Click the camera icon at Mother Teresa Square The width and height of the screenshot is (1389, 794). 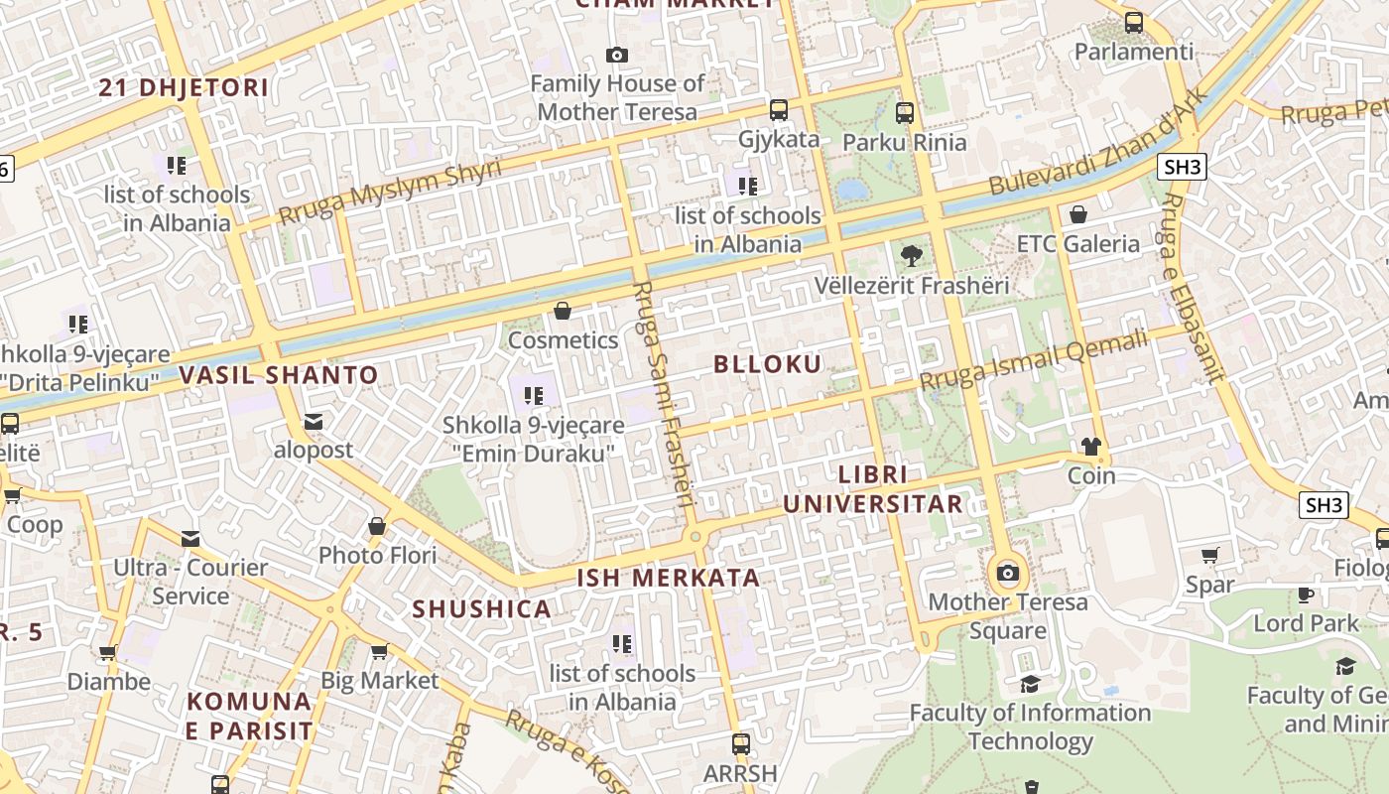[x=1008, y=573]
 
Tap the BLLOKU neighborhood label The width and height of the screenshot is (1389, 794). [x=768, y=364]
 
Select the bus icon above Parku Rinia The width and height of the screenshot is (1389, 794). [x=904, y=113]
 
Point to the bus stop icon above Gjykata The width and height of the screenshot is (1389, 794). [x=779, y=110]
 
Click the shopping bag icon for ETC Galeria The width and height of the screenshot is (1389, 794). [x=1078, y=214]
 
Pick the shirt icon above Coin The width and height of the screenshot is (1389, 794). [x=1091, y=447]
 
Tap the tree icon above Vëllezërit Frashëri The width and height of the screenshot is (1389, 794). [x=911, y=256]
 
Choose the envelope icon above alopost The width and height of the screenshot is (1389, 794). [x=314, y=422]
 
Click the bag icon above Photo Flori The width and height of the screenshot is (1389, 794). [x=377, y=526]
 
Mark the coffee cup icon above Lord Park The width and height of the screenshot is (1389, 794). [x=1306, y=595]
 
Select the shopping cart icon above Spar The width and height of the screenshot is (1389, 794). [x=1209, y=556]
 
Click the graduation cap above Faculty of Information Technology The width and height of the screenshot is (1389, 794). [x=1030, y=684]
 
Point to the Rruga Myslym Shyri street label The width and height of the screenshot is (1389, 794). [x=389, y=191]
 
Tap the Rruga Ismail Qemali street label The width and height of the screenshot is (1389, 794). [x=1033, y=359]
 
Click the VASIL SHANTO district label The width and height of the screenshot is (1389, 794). [x=279, y=375]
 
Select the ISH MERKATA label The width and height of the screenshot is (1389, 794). [x=669, y=578]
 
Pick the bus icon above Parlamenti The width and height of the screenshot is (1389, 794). [x=1134, y=22]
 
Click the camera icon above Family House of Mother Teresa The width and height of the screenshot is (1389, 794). [x=617, y=55]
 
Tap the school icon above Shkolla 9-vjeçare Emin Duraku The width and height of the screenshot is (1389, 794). [x=534, y=396]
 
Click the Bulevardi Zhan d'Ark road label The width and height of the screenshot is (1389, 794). [x=1098, y=142]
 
